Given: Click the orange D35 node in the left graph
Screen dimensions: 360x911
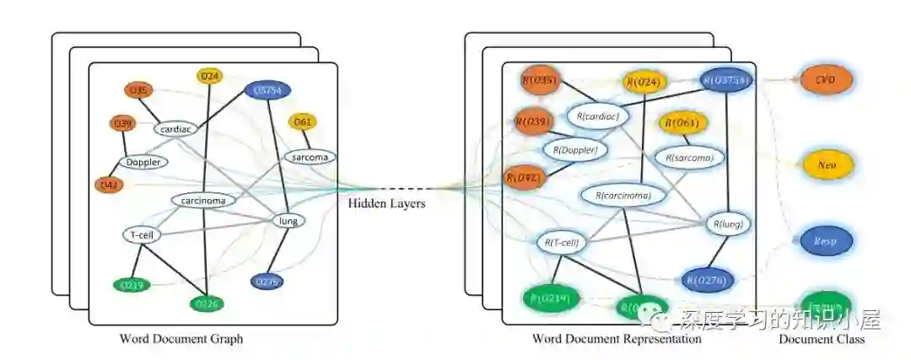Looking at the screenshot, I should tap(139, 90).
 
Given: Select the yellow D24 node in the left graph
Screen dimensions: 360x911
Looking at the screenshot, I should tap(210, 77).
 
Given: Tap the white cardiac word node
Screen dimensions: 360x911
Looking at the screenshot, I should tap(175, 129).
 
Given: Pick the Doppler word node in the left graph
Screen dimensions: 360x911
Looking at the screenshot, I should tap(143, 162).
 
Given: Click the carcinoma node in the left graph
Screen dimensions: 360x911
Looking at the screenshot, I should tap(203, 201).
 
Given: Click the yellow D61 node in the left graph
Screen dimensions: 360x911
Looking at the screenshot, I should tap(303, 122).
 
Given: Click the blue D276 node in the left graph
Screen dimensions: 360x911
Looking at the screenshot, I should tap(267, 281).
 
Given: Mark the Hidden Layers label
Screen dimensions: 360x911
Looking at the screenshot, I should tap(387, 203).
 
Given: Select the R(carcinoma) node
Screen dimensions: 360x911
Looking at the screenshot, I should tap(623, 196).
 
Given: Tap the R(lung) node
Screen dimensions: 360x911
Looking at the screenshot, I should tap(728, 224).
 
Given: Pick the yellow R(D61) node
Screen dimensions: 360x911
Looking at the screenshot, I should tap(682, 123).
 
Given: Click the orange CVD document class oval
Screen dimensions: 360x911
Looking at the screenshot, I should tap(825, 80).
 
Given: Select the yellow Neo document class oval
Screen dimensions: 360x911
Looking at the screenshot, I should tap(827, 165).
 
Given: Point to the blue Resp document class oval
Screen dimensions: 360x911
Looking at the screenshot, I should tap(825, 240).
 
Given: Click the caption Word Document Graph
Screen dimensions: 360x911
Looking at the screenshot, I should tap(181, 339).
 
